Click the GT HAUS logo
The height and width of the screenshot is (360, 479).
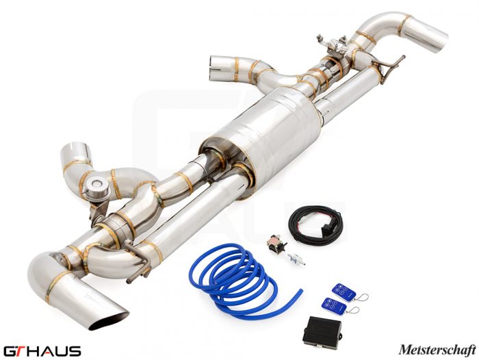point(42,351)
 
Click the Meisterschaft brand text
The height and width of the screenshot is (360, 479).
point(437,350)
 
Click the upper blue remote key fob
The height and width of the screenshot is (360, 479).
point(344,291)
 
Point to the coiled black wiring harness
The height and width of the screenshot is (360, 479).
point(316,224)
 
